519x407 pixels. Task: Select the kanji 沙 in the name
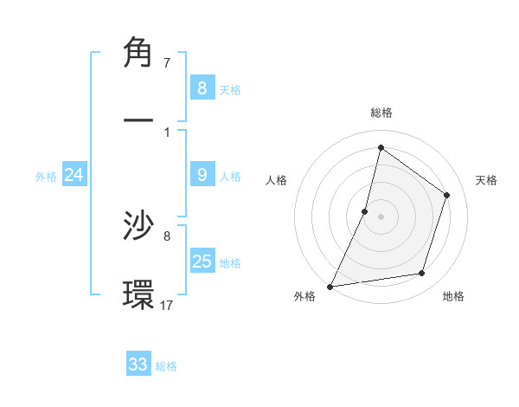[138, 225]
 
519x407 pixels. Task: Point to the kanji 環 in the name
[138, 294]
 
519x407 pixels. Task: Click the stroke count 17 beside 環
[167, 304]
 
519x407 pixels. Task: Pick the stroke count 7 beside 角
[167, 62]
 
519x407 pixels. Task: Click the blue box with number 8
[202, 87]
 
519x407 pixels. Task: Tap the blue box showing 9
[202, 175]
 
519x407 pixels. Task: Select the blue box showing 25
[202, 261]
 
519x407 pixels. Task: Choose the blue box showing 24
[74, 175]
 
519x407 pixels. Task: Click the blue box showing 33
[138, 365]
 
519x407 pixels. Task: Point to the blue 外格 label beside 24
[46, 176]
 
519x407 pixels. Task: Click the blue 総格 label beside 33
[166, 366]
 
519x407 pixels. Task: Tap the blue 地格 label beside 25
[230, 262]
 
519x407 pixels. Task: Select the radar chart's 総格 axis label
[381, 113]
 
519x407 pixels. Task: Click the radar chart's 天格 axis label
[487, 180]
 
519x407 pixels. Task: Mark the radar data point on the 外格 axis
[330, 286]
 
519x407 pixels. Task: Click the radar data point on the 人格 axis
[365, 211]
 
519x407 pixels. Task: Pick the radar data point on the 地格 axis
[422, 274]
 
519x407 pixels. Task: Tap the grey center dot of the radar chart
[381, 216]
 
